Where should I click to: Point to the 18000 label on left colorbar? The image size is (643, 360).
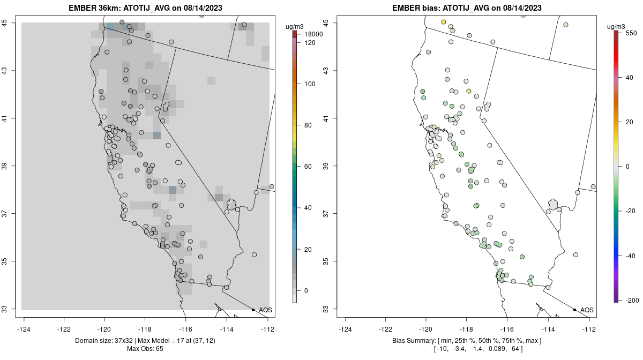313,34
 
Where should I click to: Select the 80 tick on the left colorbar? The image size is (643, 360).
308,125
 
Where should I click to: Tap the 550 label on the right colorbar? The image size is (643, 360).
631,33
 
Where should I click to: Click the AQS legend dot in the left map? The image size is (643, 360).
253,310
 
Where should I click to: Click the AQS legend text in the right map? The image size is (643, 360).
587,310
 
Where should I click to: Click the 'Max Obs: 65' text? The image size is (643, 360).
145,349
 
